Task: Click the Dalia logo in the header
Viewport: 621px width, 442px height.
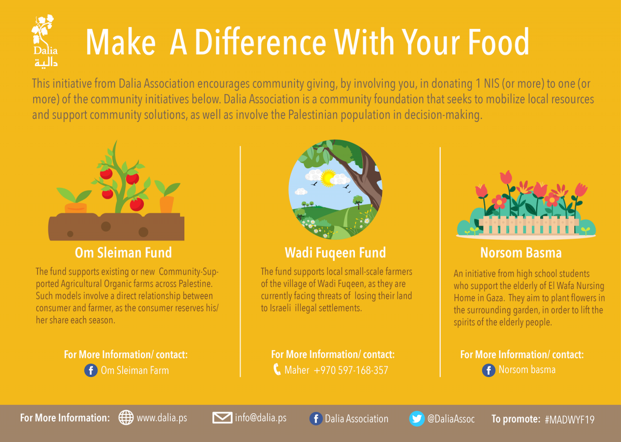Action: click(45, 41)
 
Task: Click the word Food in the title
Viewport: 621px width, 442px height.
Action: click(499, 42)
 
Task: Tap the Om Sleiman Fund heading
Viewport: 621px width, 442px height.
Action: click(123, 253)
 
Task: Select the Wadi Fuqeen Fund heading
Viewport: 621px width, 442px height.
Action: click(335, 253)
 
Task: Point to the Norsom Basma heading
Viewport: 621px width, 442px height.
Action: click(521, 253)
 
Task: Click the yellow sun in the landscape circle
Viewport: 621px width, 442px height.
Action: click(328, 178)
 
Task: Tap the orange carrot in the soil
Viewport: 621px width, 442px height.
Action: click(167, 204)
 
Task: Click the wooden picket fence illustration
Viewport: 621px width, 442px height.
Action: click(528, 225)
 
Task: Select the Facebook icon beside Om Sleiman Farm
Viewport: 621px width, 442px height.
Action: click(91, 370)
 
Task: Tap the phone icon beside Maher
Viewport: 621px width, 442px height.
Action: click(277, 370)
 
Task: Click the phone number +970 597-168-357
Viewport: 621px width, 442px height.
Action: click(351, 370)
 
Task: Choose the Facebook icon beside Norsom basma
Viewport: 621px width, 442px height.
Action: click(489, 370)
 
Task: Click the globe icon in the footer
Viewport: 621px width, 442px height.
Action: click(126, 417)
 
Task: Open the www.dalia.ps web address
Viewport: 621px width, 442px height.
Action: click(162, 418)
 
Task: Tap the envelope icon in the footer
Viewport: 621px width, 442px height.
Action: click(223, 418)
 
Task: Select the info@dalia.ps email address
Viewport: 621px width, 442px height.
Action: click(261, 418)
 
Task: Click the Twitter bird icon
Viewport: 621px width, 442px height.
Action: click(417, 419)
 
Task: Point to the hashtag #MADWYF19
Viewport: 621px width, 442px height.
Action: click(569, 420)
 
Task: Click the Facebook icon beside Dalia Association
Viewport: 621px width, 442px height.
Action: click(316, 419)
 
